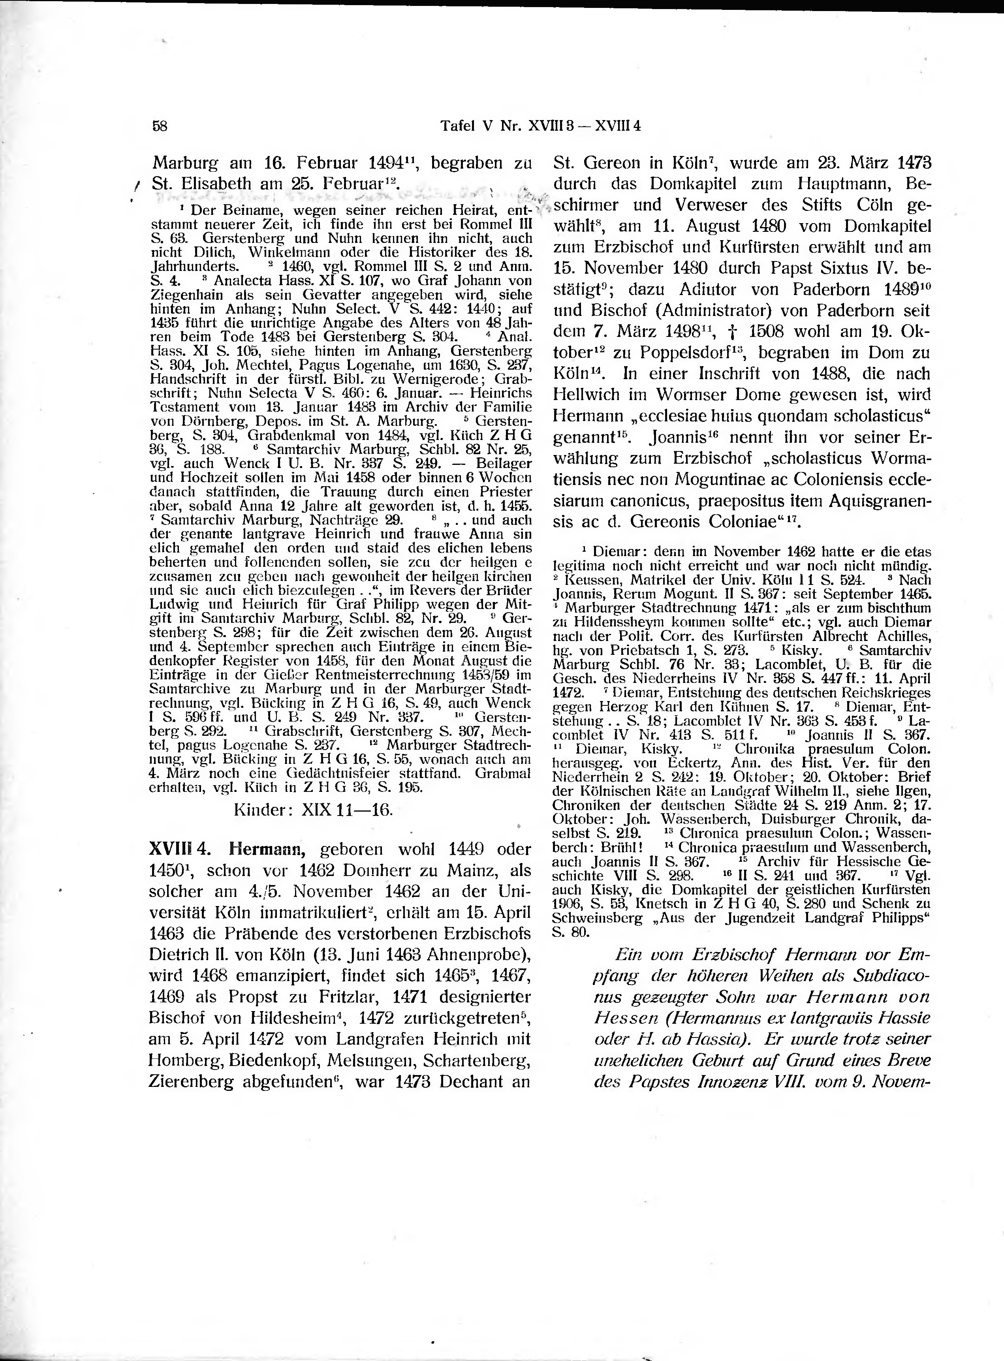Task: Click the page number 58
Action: [x=160, y=126]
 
